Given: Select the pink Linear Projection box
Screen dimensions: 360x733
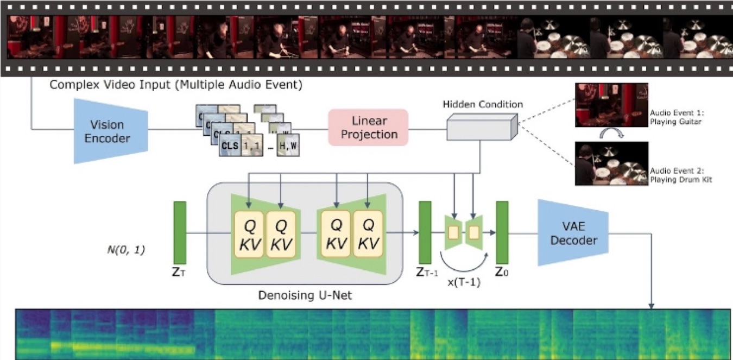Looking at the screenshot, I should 368,128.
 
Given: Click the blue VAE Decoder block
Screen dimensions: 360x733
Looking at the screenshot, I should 573,233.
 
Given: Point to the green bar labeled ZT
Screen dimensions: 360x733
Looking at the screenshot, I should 180,232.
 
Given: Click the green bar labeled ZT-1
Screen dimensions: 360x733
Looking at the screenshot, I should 425,232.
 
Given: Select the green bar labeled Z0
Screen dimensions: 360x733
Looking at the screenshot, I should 502,232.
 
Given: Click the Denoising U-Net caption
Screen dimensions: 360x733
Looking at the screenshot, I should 304,295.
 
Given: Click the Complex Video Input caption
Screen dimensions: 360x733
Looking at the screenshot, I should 175,85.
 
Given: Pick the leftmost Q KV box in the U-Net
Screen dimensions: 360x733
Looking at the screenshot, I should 249,233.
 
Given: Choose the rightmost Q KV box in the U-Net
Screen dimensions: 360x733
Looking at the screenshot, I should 368,233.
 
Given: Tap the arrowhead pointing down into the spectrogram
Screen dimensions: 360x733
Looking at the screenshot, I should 652,306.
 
